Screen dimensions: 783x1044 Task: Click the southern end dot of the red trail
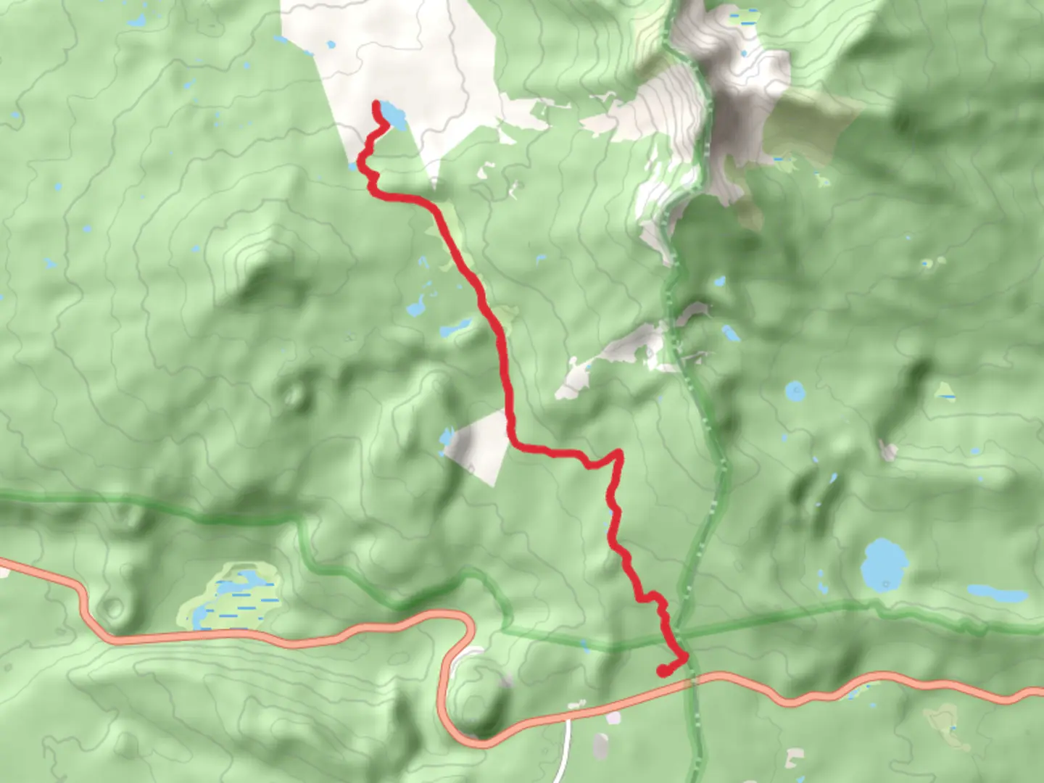point(662,671)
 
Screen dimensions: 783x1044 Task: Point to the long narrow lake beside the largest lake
point(998,594)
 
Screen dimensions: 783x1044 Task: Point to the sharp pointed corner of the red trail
point(618,454)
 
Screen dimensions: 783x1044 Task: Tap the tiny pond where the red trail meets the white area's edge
point(354,165)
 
